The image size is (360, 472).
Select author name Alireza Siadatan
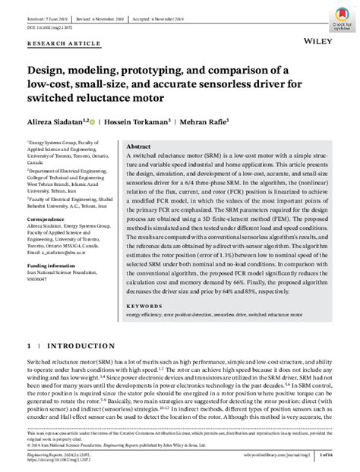click(x=56, y=120)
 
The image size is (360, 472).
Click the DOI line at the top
click(x=49, y=28)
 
